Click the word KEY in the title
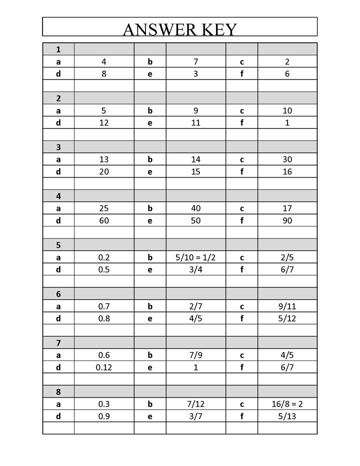(219, 29)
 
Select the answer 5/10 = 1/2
(195, 257)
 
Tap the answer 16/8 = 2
(287, 404)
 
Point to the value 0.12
(104, 367)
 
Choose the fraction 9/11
(287, 306)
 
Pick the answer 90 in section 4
(287, 220)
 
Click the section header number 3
(58, 147)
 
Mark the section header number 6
(58, 294)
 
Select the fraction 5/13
(287, 416)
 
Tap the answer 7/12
(195, 404)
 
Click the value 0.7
(104, 306)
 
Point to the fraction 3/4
(195, 269)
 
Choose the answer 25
(104, 208)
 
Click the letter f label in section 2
(242, 122)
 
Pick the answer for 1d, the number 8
(104, 74)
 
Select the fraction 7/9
(195, 355)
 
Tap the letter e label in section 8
(150, 416)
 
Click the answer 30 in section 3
(287, 159)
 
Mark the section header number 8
(58, 391)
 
